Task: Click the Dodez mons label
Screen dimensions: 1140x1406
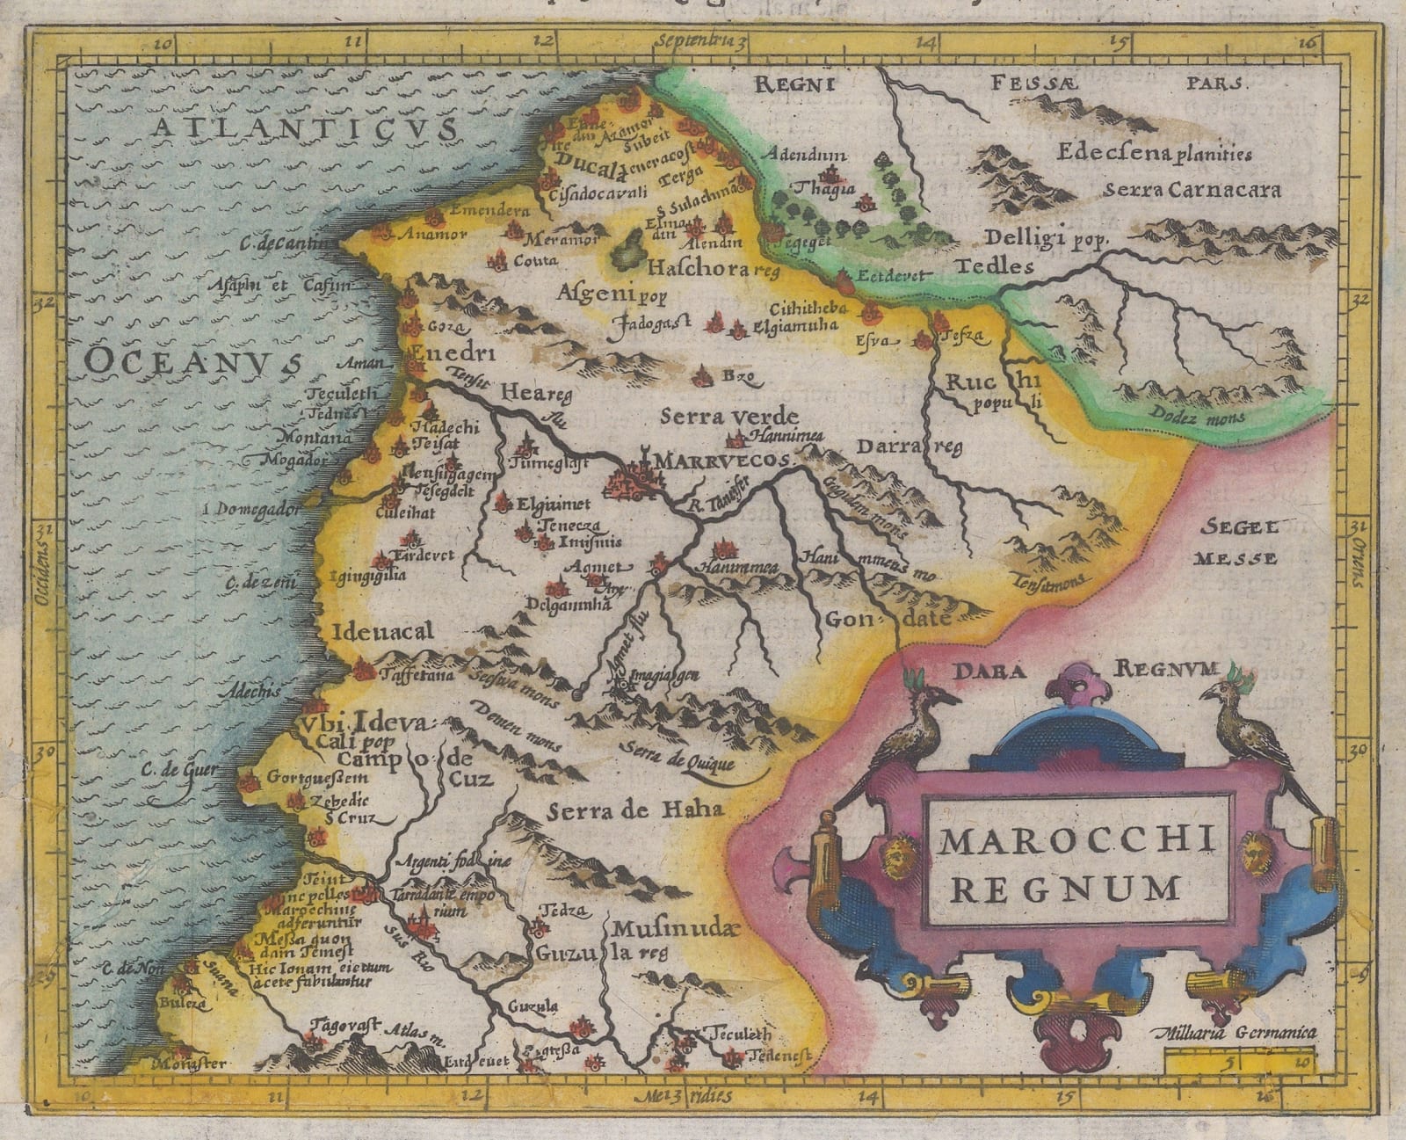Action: pos(1201,418)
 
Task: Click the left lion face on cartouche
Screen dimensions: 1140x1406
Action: pos(896,857)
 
